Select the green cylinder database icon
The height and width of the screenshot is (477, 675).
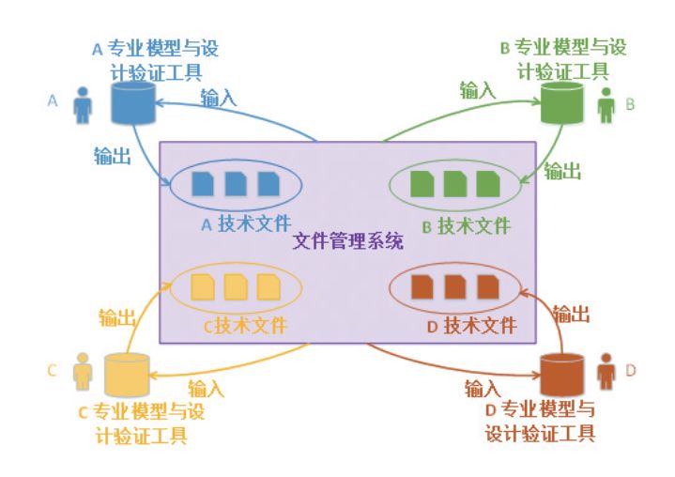pyautogui.click(x=560, y=104)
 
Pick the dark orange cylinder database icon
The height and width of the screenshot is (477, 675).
pyautogui.click(x=562, y=374)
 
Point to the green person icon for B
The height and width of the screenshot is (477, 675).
pyautogui.click(x=606, y=105)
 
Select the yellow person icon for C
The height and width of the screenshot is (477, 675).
pyautogui.click(x=84, y=371)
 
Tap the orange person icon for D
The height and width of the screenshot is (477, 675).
pyautogui.click(x=606, y=371)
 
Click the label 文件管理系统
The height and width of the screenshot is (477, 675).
pyautogui.click(x=348, y=241)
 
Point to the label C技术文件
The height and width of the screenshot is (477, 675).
pyautogui.click(x=245, y=326)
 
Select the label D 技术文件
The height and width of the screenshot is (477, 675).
pyautogui.click(x=472, y=326)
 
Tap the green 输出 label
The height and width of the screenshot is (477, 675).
pyautogui.click(x=562, y=171)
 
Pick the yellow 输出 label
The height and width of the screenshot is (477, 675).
pyautogui.click(x=118, y=317)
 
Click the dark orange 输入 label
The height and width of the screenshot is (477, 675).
pyautogui.click(x=483, y=387)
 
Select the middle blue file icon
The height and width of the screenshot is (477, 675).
pyautogui.click(x=236, y=183)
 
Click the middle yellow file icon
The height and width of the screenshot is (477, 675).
pyautogui.click(x=236, y=285)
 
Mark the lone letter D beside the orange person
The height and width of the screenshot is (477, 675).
pyautogui.click(x=631, y=370)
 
